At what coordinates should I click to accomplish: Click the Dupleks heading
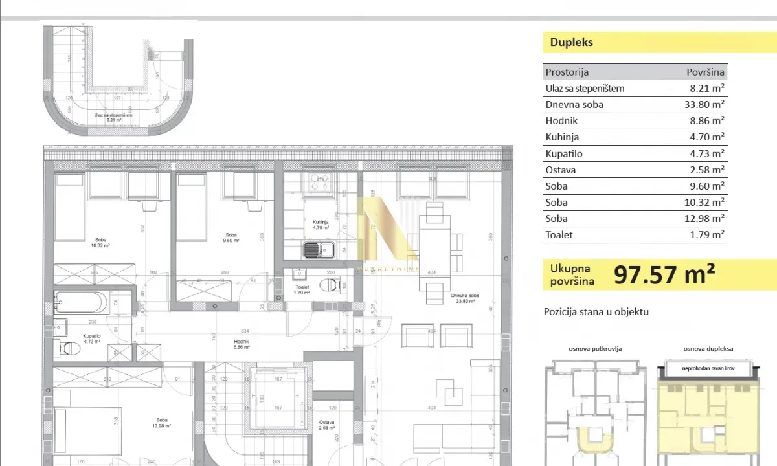[x=571, y=43]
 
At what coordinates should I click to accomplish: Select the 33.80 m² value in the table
[x=706, y=105]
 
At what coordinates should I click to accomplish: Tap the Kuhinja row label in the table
[x=562, y=137]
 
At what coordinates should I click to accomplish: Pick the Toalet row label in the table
[x=559, y=235]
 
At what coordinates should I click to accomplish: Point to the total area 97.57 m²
[x=664, y=275]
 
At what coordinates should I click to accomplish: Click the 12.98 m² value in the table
[x=706, y=219]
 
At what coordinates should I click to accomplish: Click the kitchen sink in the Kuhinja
[x=319, y=249]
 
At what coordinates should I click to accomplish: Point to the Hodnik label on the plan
[x=242, y=344]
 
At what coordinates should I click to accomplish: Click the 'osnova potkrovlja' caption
[x=595, y=349]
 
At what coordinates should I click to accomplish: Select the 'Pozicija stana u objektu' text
[x=596, y=312]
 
